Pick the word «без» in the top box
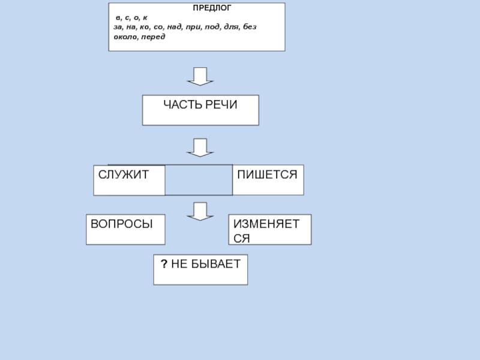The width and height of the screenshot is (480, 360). coord(251,28)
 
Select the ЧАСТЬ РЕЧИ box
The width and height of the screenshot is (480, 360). coord(200,110)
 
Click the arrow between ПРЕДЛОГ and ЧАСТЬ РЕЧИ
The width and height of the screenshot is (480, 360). coord(200,76)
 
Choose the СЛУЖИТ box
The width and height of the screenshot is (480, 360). coord(129,180)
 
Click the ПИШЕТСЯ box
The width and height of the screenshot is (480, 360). coord(268,179)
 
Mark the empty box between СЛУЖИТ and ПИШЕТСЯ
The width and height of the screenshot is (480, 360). coord(199,180)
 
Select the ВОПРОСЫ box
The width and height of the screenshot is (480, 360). coord(125,229)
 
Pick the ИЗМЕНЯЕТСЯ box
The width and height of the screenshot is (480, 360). coord(270,229)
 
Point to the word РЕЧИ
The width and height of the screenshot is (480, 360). coord(221,105)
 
